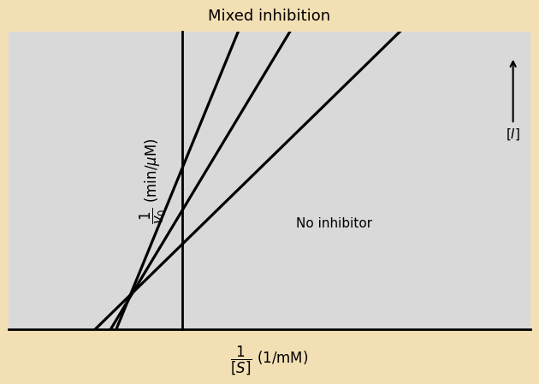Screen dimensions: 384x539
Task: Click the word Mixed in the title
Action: click(229, 16)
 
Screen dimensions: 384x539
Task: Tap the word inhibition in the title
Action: click(292, 16)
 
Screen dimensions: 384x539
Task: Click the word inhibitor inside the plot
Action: click(346, 223)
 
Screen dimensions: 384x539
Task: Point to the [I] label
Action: click(513, 134)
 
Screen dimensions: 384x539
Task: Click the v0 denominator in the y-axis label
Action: click(158, 216)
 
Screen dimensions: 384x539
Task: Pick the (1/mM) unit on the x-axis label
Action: click(282, 357)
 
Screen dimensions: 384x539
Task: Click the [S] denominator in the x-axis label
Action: click(240, 368)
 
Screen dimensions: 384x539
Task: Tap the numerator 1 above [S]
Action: click(240, 351)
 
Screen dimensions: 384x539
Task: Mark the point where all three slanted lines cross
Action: click(130, 295)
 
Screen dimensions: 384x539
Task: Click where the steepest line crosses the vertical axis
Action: click(182, 168)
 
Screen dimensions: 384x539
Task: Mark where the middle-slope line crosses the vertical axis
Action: click(182, 210)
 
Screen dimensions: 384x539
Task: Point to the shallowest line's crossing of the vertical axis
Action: click(182, 244)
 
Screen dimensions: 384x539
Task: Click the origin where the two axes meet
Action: click(182, 329)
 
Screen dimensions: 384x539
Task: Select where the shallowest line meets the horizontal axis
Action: click(95, 329)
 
